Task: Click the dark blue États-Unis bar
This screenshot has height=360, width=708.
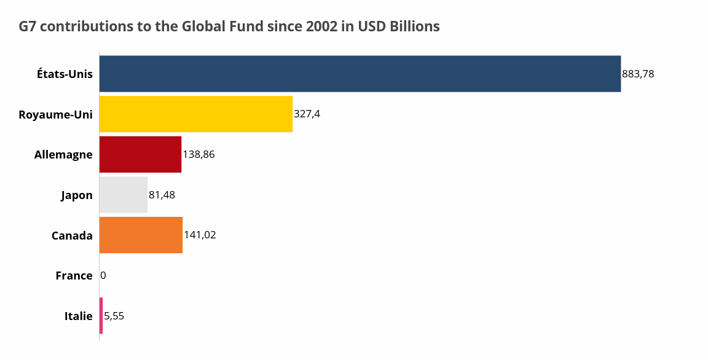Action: point(360,74)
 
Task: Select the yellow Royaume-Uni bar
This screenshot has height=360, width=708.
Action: point(195,114)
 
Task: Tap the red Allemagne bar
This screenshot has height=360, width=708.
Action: point(140,154)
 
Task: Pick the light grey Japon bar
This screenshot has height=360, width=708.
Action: point(123,195)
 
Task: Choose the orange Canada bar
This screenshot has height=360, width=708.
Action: point(141,235)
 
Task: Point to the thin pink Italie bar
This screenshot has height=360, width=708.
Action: point(101,316)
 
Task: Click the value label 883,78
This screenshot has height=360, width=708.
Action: point(638,74)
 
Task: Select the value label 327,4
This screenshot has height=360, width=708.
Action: point(307,114)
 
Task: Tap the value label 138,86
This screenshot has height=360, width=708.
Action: point(199,154)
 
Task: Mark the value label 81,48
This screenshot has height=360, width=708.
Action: point(162,195)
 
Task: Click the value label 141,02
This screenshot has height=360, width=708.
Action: point(200,235)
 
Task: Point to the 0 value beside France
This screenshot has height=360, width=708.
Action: point(103,276)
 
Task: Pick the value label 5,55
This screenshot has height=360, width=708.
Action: point(114,316)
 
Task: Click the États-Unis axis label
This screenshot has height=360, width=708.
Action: point(65,74)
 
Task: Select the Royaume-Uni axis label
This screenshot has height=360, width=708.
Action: point(55,114)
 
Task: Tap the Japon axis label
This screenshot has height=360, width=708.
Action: point(77,195)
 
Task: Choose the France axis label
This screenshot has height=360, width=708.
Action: point(74,276)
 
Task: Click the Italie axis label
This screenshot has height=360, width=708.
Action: point(78,316)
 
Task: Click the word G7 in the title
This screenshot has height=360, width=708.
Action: point(28,27)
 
